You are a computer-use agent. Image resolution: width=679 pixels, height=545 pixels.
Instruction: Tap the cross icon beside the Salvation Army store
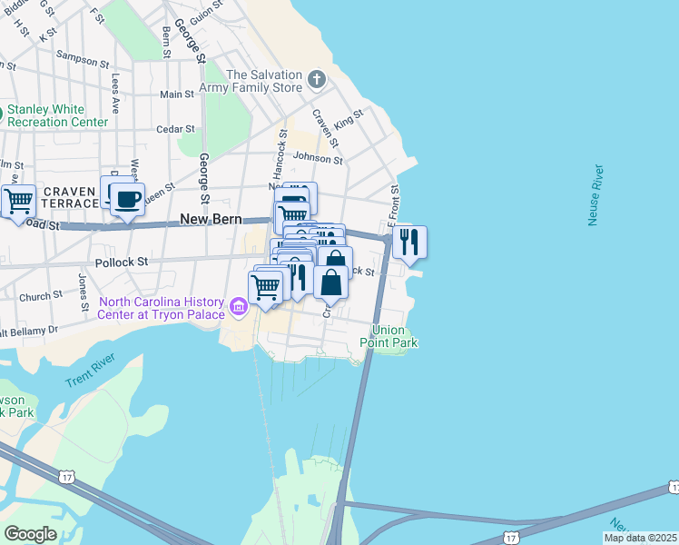coord(317,80)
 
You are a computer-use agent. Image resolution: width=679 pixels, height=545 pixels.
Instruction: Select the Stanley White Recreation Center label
coord(57,115)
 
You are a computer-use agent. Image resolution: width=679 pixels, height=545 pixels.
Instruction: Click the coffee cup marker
coord(127,199)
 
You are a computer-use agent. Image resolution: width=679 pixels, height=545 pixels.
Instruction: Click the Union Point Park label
coord(394,336)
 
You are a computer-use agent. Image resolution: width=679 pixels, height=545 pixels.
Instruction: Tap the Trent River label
coord(93,375)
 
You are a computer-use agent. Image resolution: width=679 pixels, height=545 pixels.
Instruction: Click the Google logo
coord(31,533)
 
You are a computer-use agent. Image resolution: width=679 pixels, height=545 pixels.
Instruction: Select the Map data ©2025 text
coord(640,538)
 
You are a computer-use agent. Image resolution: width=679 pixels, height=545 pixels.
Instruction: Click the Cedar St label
coord(175,129)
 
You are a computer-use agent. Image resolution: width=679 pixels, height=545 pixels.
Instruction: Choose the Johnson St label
coord(318,159)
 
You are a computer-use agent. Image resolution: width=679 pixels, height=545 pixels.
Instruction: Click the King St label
coord(349,119)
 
